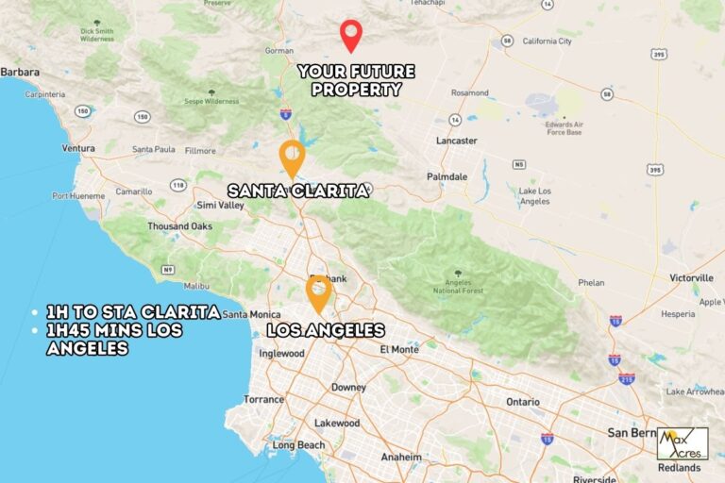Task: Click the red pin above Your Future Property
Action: click(351, 34)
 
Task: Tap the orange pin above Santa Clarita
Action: click(293, 157)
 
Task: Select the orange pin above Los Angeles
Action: click(318, 292)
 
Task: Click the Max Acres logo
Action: click(682, 442)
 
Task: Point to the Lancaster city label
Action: click(457, 141)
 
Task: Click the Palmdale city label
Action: click(447, 176)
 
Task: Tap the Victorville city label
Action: click(692, 278)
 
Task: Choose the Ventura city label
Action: click(78, 149)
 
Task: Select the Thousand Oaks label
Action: click(179, 226)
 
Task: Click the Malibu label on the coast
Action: click(196, 286)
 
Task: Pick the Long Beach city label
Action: click(297, 445)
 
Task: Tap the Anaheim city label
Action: click(401, 457)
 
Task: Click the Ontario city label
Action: click(523, 402)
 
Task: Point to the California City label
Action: click(547, 42)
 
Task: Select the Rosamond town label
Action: click(469, 93)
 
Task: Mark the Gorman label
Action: click(279, 50)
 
